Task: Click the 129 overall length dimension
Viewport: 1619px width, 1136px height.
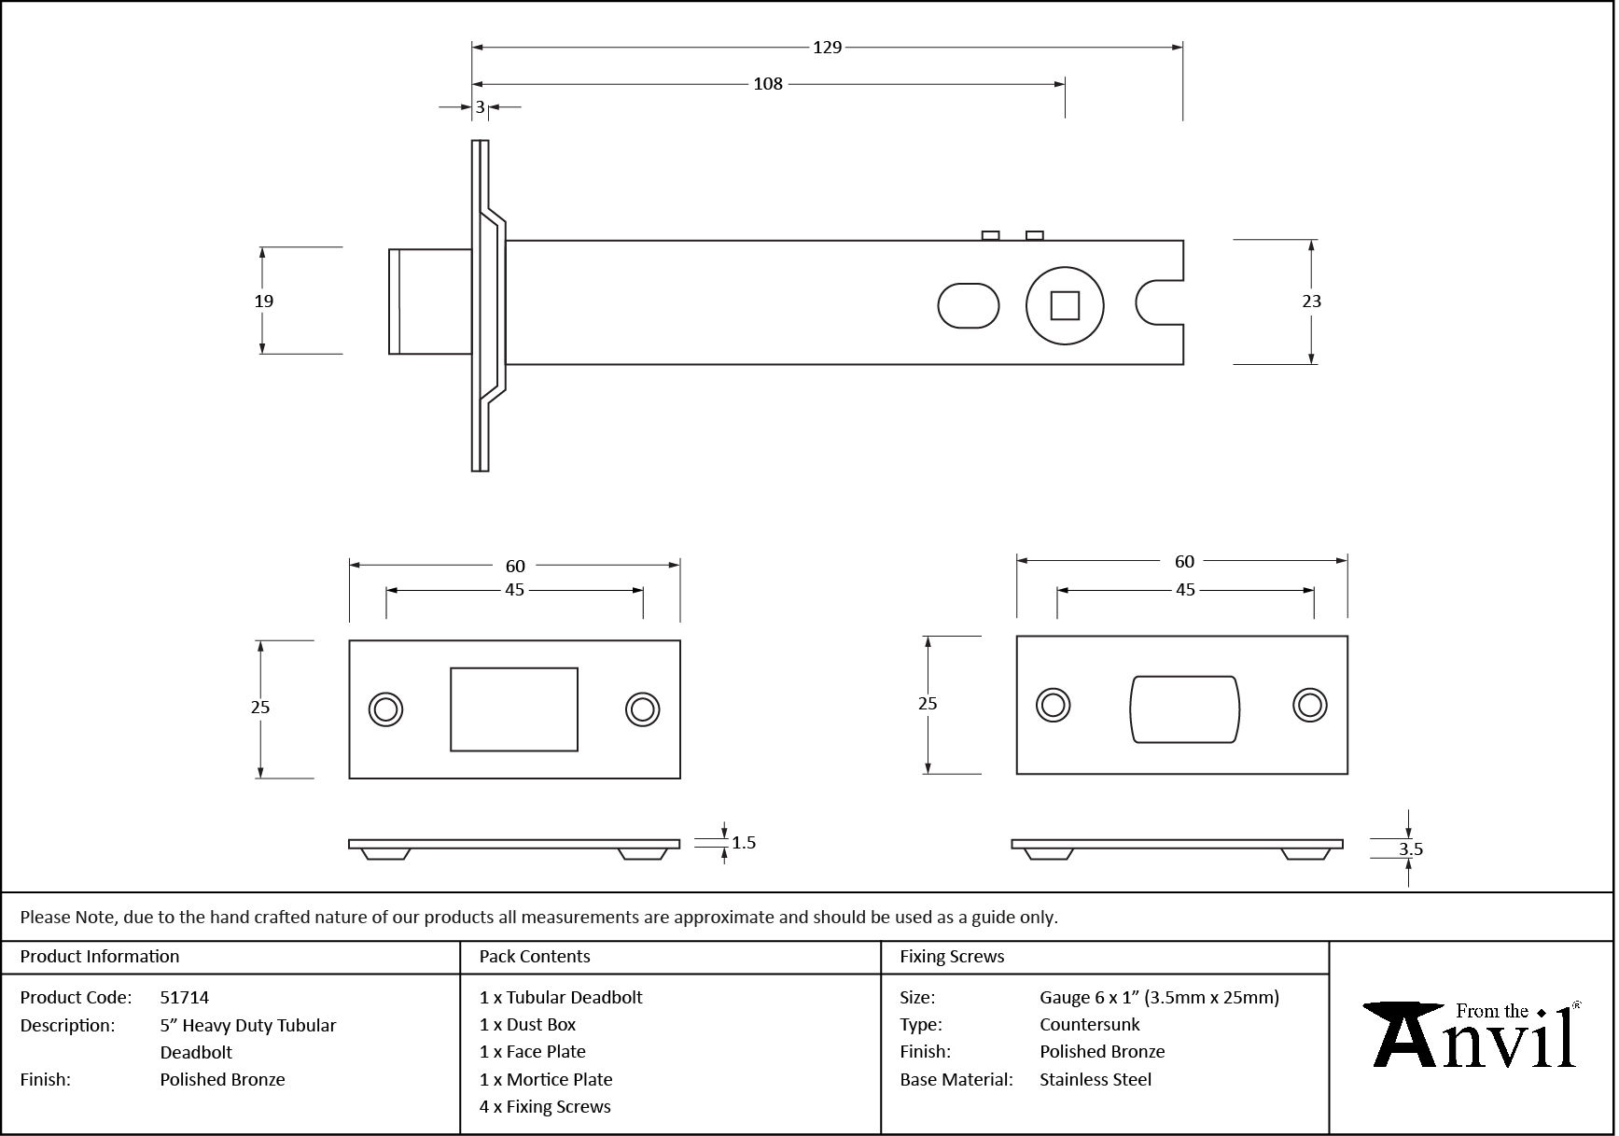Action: (827, 48)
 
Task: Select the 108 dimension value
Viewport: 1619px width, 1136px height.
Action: (767, 84)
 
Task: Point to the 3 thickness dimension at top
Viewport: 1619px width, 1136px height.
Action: (480, 107)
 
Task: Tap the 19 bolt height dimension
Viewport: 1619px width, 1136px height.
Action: (264, 301)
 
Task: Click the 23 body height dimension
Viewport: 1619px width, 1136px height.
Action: (1311, 301)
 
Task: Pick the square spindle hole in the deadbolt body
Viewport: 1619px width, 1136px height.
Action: (1065, 306)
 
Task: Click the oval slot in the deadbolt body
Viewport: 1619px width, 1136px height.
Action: (968, 306)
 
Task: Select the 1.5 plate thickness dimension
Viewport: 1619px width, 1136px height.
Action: (744, 843)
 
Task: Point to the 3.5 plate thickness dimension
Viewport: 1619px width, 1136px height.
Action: (1410, 849)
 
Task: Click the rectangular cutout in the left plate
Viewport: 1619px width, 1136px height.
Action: (513, 709)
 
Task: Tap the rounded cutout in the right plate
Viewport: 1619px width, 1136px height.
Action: (1184, 709)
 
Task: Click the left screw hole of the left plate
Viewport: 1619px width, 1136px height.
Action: (385, 709)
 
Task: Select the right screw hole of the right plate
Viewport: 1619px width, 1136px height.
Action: (1309, 706)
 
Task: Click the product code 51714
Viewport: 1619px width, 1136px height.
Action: (185, 998)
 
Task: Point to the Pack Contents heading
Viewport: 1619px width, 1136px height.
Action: (534, 957)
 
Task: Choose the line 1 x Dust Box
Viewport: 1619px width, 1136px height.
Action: (527, 1025)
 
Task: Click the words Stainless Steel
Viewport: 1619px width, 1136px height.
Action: (1095, 1080)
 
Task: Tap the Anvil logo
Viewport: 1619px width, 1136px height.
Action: (1472, 1036)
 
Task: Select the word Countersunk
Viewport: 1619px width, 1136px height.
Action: (1089, 1025)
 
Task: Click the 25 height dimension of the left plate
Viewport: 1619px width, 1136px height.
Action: (260, 708)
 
